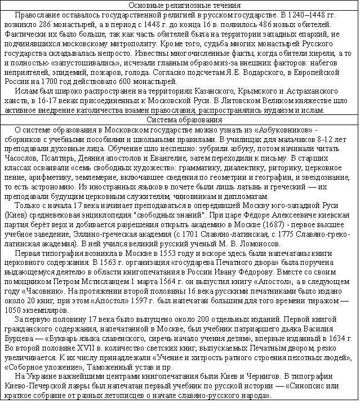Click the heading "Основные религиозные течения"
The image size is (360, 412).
point(180,5)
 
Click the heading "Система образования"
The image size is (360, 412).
point(180,119)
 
